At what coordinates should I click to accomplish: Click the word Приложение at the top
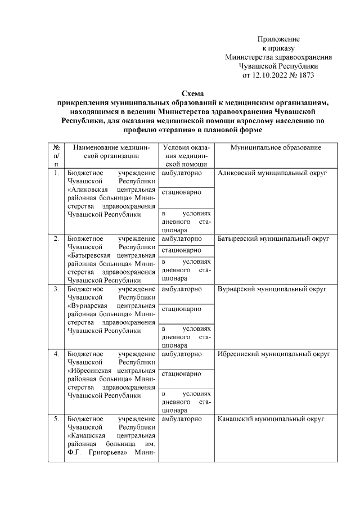[x=278, y=39]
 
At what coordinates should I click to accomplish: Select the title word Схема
[x=193, y=94]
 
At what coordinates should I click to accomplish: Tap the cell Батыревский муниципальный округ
[x=273, y=239]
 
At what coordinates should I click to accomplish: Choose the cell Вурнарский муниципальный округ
[x=272, y=289]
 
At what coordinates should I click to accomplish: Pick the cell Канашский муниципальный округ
[x=269, y=420]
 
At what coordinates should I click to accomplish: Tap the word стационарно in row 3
[x=181, y=309]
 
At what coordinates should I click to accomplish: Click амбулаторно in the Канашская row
[x=181, y=420]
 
